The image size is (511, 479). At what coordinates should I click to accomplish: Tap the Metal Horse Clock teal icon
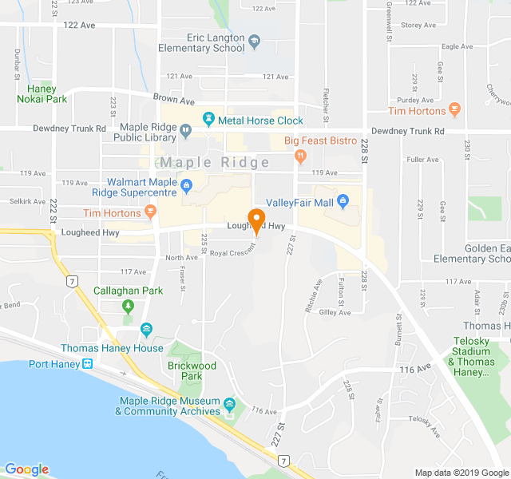click(208, 120)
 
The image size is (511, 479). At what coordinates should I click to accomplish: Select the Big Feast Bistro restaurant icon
click(300, 156)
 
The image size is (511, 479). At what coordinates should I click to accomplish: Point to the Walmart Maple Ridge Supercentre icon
click(186, 188)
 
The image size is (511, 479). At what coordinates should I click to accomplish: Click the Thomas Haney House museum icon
click(146, 329)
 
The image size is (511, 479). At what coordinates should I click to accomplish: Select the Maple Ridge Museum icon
click(230, 405)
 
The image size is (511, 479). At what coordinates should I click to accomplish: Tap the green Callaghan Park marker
click(128, 307)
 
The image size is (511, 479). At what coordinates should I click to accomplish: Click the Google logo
click(26, 469)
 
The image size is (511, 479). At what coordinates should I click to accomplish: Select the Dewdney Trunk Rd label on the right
click(408, 130)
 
